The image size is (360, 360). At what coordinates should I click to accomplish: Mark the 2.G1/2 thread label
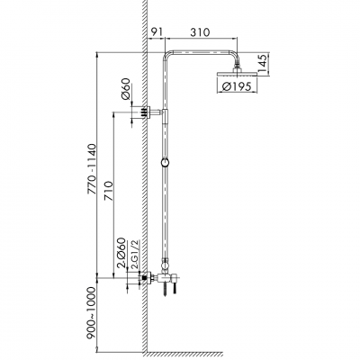click(136, 255)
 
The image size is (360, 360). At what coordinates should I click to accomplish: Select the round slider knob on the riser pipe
click(164, 163)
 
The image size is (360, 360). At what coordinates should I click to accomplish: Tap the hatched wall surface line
click(144, 180)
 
